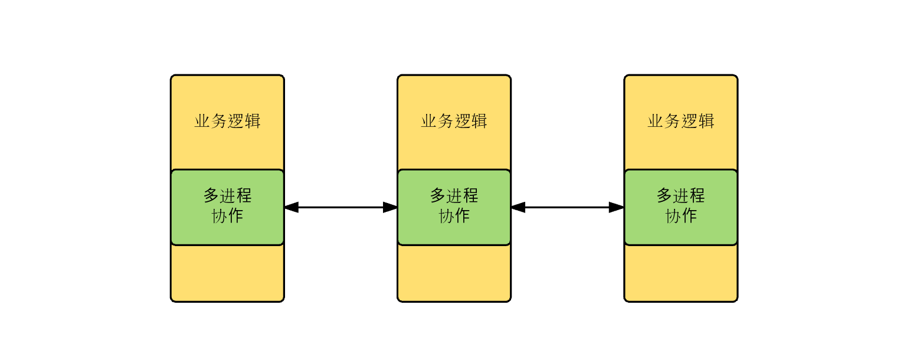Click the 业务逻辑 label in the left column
point(227,121)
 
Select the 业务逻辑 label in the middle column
point(454,121)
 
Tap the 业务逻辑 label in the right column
point(680,121)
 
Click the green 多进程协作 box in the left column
point(227,207)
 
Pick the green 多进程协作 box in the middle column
point(454,207)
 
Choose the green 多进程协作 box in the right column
point(680,207)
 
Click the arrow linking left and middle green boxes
point(341,207)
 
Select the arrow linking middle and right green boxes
point(567,207)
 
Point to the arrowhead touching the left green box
point(292,207)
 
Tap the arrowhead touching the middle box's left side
point(390,207)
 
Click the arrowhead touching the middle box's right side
point(518,207)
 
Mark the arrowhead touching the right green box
point(617,207)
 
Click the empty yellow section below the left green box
point(227,273)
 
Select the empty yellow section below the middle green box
point(454,273)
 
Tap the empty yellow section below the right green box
point(680,273)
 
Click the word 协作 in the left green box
point(227,216)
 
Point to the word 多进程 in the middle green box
point(454,195)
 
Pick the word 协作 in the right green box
point(680,216)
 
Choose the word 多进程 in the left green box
point(227,195)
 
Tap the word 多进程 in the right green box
point(680,195)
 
